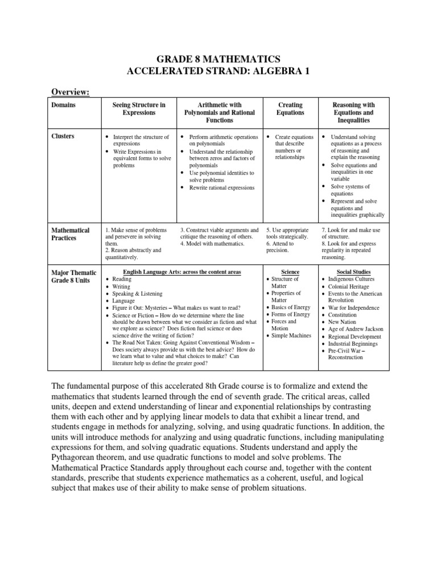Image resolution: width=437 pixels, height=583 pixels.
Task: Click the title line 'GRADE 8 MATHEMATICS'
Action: point(218,59)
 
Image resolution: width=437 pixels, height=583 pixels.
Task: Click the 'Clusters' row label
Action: point(63,137)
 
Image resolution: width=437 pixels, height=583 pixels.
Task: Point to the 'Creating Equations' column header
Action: point(290,109)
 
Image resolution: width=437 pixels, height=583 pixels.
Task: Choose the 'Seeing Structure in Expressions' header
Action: point(139,109)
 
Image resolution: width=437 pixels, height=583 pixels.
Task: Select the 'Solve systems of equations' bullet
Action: point(350,190)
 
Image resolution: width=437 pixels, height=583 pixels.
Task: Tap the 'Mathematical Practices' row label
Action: point(71,234)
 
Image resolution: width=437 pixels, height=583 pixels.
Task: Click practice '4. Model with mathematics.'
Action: point(212,244)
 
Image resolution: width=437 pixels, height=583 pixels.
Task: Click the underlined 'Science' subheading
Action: point(290,272)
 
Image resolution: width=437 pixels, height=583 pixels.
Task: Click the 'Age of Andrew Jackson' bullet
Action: point(356,329)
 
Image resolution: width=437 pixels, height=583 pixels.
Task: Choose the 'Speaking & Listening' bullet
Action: point(137,294)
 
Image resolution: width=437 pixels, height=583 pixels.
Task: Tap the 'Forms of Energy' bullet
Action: point(291,315)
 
